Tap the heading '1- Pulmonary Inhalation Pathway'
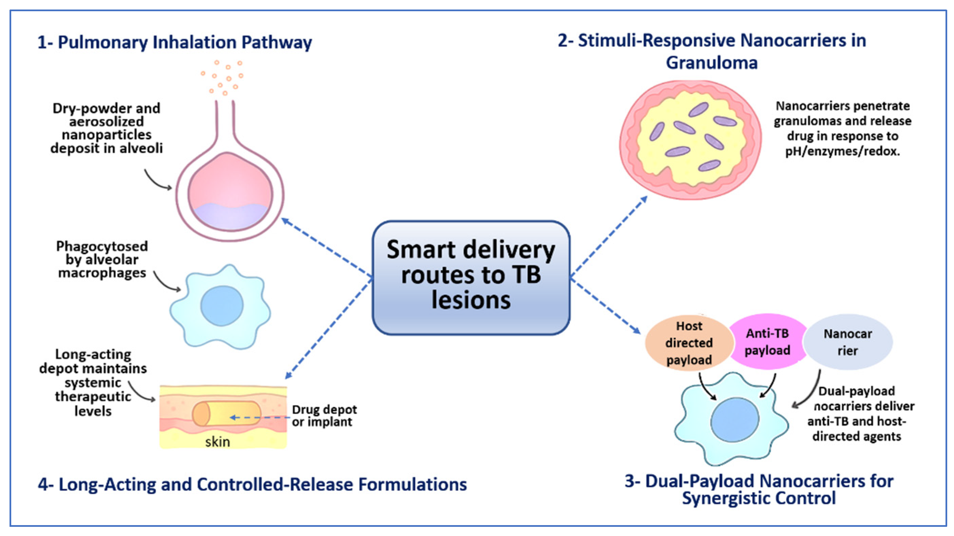coord(174,42)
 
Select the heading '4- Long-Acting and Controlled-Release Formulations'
coord(252,484)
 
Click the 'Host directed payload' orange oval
coord(689,343)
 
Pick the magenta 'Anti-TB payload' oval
coord(767,342)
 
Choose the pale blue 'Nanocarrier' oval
coord(848,342)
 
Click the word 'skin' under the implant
coord(218,442)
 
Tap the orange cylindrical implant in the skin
coord(226,413)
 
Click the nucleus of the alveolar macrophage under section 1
coord(222,306)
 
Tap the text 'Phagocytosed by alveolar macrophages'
coord(102,259)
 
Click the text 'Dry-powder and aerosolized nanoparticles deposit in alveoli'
coord(106,128)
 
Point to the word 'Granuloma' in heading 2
coord(711,63)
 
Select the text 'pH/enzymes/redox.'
coord(842,152)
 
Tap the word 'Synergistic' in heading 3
coord(726,498)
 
